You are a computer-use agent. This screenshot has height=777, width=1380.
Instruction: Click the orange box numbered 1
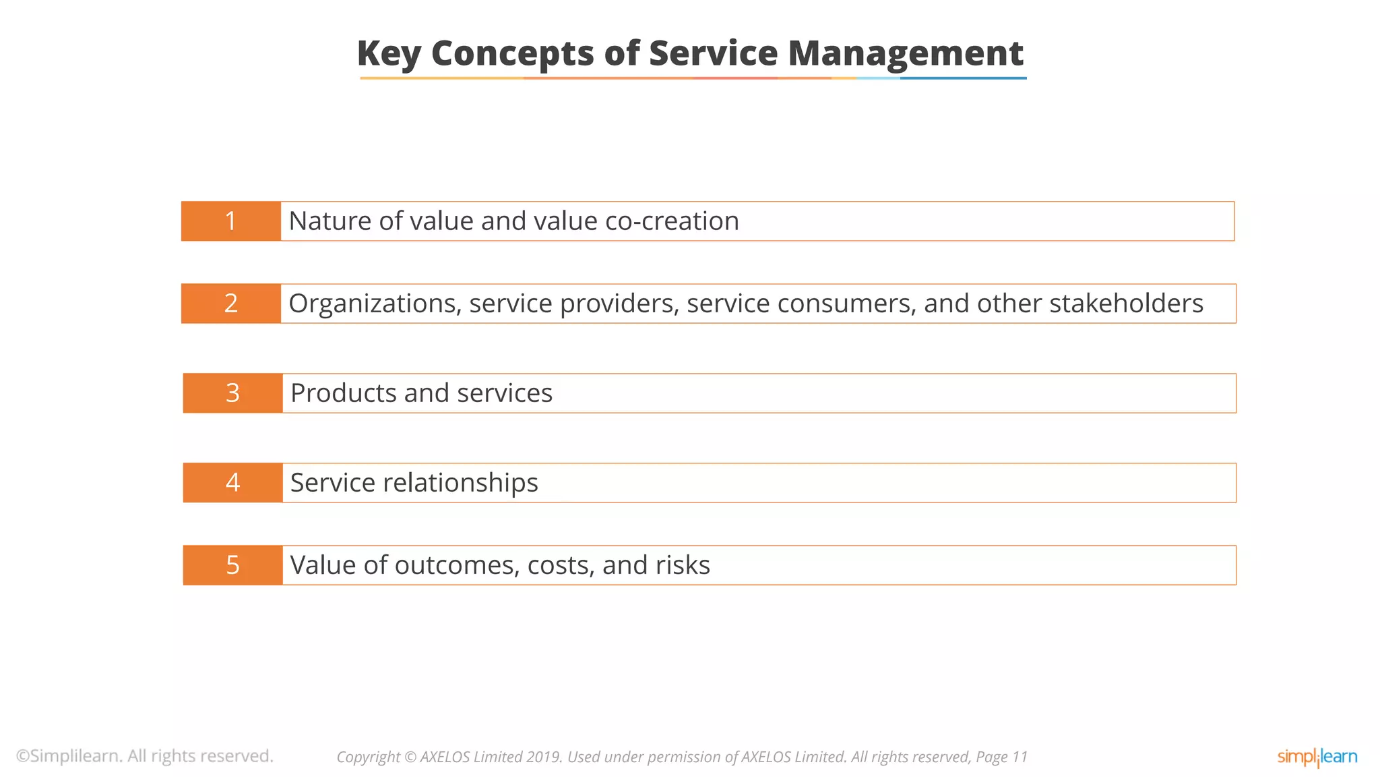tap(231, 221)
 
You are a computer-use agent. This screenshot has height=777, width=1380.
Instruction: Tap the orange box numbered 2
tap(231, 304)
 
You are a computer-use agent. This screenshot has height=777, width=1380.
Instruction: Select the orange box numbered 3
tap(232, 393)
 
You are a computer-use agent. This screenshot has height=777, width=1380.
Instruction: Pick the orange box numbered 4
tap(232, 483)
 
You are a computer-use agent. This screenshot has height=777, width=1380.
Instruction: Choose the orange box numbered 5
tap(232, 565)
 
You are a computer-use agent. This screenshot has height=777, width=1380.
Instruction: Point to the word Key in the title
tap(389, 54)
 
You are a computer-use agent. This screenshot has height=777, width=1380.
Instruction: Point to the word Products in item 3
tap(343, 393)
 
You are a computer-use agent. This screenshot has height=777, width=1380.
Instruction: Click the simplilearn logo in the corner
tap(1317, 757)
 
